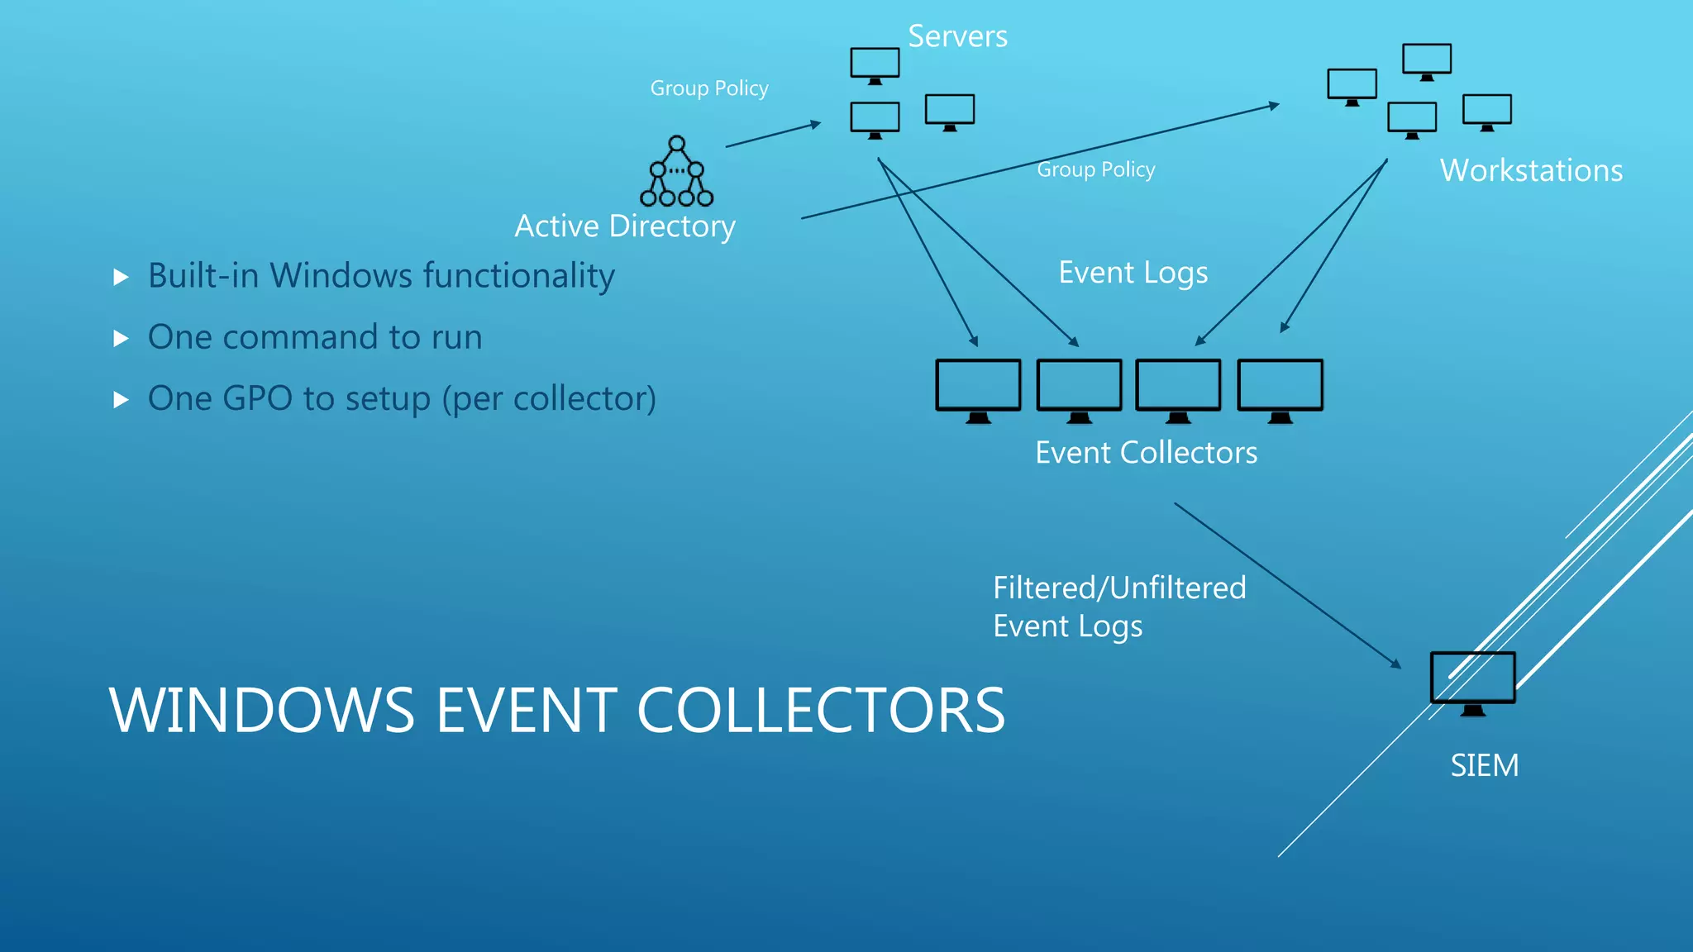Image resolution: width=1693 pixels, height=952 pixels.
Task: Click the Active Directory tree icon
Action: click(x=676, y=171)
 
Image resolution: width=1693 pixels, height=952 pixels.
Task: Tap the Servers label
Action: click(x=957, y=36)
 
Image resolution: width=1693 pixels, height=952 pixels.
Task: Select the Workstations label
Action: click(x=1531, y=170)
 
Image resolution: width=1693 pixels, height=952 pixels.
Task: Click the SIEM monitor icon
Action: click(x=1472, y=679)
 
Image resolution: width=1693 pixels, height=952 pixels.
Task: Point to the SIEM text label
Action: click(x=1484, y=765)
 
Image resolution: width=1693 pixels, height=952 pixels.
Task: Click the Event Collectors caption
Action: click(x=1146, y=453)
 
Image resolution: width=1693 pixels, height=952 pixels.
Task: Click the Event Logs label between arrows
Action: click(x=1133, y=273)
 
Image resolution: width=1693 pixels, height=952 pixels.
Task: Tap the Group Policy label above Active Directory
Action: click(x=709, y=88)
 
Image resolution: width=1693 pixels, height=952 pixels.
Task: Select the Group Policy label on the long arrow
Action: click(x=1095, y=169)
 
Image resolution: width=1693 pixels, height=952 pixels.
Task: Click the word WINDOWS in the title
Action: click(x=261, y=711)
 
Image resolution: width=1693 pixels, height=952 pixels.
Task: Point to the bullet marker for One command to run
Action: click(x=122, y=338)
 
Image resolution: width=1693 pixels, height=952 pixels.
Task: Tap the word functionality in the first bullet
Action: click(x=518, y=276)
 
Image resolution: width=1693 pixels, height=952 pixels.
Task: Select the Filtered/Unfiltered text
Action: click(x=1119, y=588)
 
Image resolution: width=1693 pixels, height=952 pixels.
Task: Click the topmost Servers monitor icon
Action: click(x=875, y=64)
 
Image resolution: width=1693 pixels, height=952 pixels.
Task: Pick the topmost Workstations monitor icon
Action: click(x=1427, y=59)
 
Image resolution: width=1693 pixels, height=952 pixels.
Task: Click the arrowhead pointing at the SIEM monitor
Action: click(x=1396, y=664)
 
